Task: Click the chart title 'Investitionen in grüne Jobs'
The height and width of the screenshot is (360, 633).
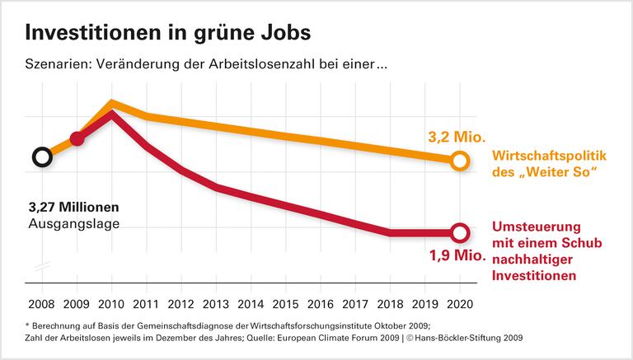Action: click(169, 32)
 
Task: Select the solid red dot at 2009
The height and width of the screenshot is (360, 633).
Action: click(77, 138)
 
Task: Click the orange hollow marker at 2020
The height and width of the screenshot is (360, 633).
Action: click(460, 161)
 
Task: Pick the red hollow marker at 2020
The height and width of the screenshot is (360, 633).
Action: click(460, 233)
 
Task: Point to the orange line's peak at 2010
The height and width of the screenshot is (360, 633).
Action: click(112, 104)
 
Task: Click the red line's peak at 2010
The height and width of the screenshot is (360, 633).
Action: click(112, 114)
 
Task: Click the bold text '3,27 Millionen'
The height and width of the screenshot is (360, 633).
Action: click(73, 206)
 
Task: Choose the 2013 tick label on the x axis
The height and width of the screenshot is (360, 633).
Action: click(217, 304)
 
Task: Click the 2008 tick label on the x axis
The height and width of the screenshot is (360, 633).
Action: click(41, 304)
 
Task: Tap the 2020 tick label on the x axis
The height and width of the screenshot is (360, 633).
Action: click(461, 304)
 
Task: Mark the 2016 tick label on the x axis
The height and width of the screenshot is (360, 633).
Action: click(321, 304)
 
